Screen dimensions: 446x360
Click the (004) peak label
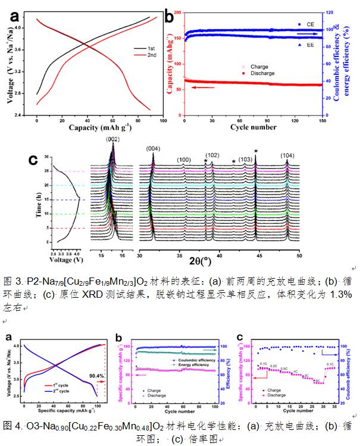(x=153, y=148)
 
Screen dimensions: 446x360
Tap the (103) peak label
(x=245, y=160)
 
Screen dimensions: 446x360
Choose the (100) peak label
(x=183, y=160)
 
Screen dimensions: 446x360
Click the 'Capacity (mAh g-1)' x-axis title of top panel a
(x=93, y=127)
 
